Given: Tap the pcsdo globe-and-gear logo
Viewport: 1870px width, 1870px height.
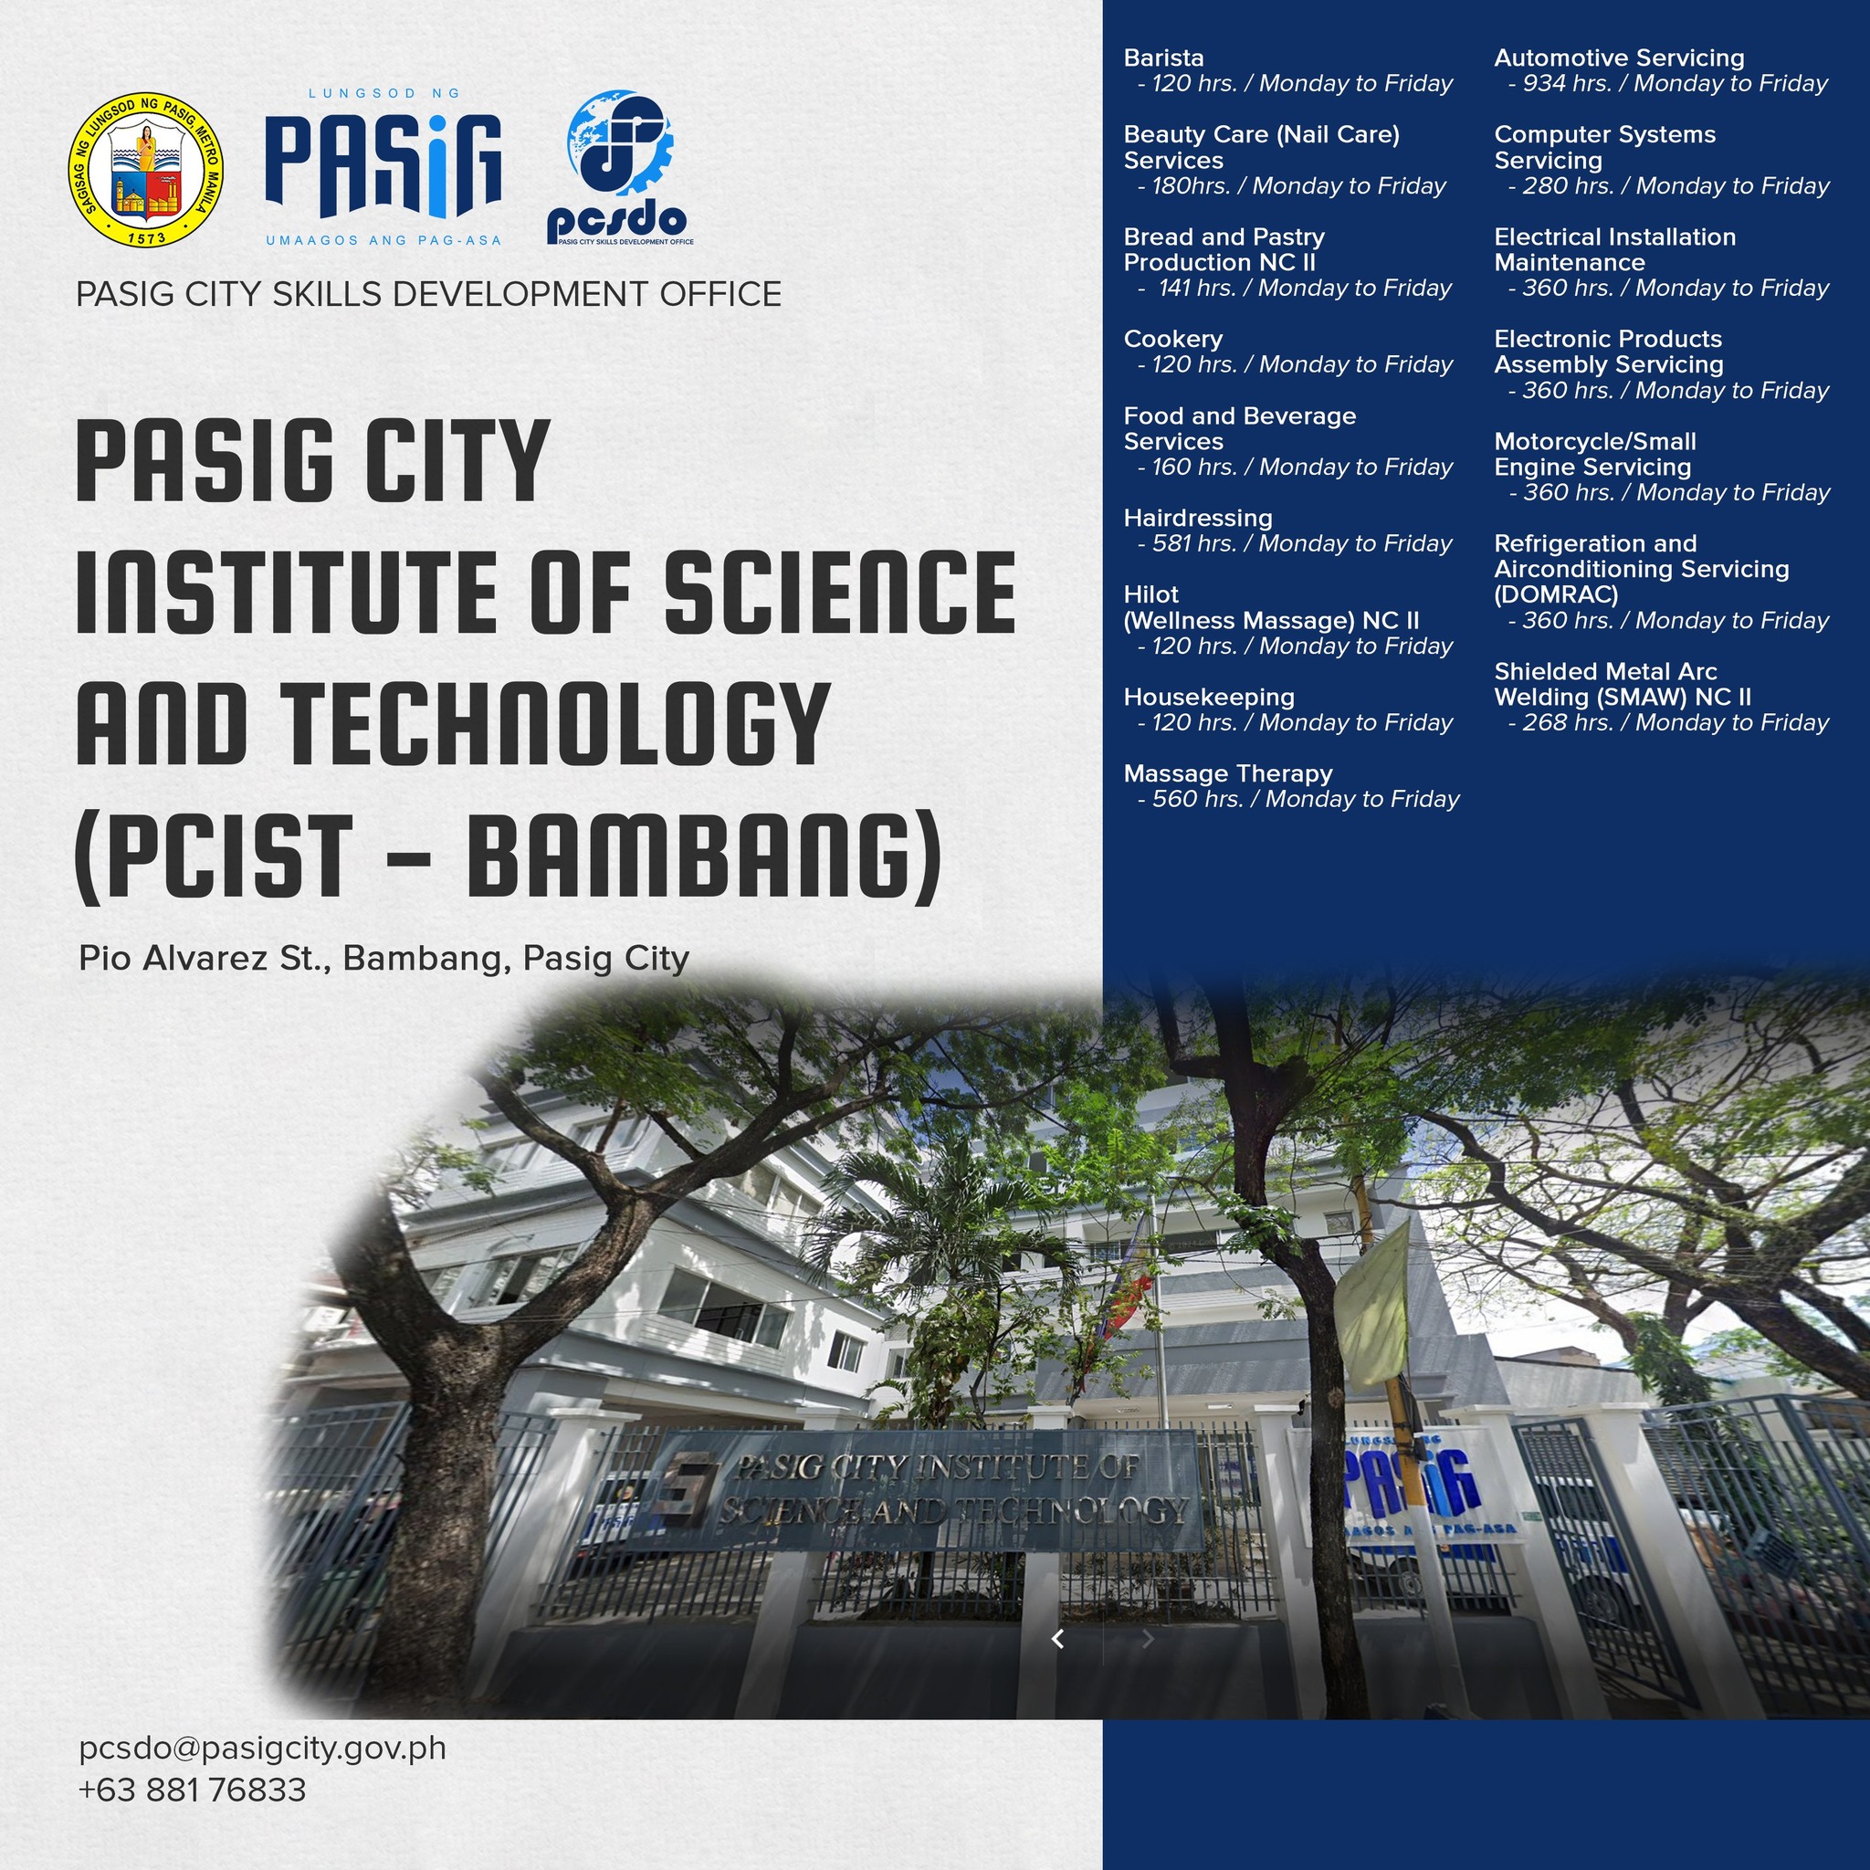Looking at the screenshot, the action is (x=619, y=167).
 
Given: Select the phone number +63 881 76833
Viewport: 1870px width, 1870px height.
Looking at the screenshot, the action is (x=193, y=1790).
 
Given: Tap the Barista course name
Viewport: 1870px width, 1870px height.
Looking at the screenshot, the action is (x=1163, y=58).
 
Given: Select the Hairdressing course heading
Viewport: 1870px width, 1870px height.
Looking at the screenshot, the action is (x=1198, y=519).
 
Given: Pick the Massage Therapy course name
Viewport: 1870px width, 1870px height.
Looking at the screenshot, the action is (x=1228, y=773).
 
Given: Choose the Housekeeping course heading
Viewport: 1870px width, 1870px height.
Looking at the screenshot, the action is (x=1209, y=698).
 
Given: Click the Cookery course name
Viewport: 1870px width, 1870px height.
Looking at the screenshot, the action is (x=1173, y=340).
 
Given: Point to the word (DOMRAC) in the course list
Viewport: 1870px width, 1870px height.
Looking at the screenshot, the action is (x=1557, y=594).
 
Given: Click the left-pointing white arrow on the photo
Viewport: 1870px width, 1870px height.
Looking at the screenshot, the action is (x=1058, y=1639).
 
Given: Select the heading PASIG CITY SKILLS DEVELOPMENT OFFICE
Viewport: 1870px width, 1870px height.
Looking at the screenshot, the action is (x=429, y=294).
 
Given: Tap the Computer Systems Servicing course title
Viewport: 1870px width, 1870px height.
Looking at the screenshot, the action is (x=1605, y=148).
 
